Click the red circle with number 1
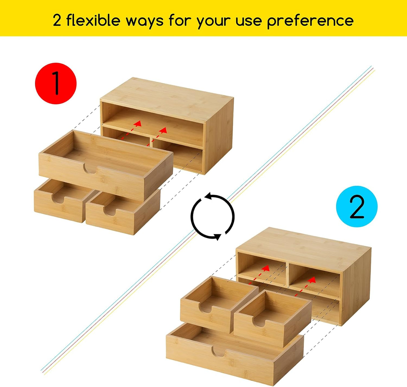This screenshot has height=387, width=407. click(x=56, y=84)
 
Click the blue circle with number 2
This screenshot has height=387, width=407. click(x=357, y=206)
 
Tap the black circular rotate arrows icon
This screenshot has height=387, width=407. click(x=213, y=216)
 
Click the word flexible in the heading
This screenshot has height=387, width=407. click(x=93, y=20)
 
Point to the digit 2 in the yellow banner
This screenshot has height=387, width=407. click(x=57, y=21)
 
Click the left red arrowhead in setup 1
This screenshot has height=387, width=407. click(x=138, y=123)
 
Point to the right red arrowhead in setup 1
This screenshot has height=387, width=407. click(x=163, y=130)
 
